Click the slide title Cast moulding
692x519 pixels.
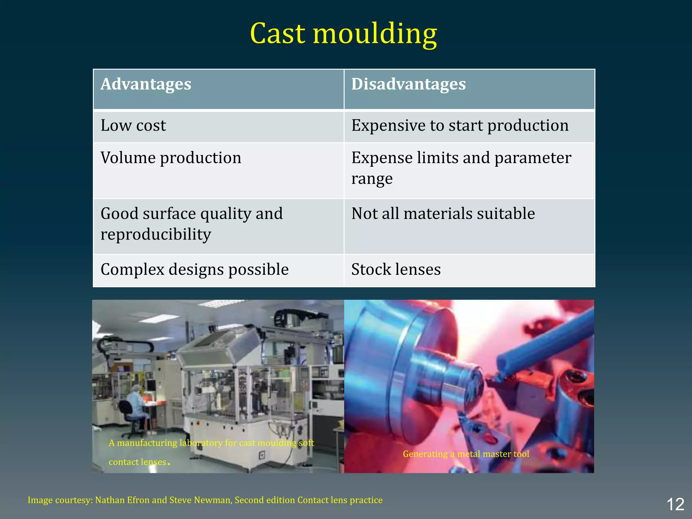(x=343, y=34)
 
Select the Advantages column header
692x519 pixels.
(x=146, y=84)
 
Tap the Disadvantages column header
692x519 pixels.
(x=409, y=84)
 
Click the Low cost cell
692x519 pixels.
(x=133, y=126)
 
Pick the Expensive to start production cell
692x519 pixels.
(x=460, y=126)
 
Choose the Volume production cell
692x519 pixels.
(x=171, y=158)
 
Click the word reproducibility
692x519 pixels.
(x=156, y=234)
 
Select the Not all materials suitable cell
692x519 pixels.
(x=443, y=214)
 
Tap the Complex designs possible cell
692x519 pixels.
(x=195, y=270)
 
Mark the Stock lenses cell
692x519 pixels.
(x=396, y=270)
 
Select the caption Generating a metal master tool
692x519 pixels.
(x=466, y=454)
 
